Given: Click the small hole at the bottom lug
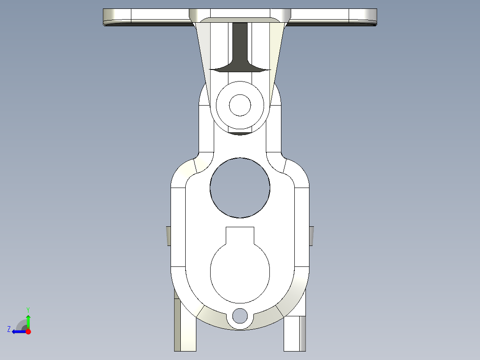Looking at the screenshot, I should click(x=240, y=316).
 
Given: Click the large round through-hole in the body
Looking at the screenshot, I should click(x=240, y=188).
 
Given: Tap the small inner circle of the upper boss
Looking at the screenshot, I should click(x=240, y=105).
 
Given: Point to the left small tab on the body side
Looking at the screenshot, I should click(x=169, y=235).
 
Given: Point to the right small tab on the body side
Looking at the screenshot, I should click(x=311, y=235).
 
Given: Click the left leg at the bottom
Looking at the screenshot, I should click(x=185, y=330).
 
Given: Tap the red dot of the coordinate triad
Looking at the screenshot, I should click(x=28, y=331).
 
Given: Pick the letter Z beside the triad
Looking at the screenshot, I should click(x=9, y=329).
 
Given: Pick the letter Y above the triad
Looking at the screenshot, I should click(x=28, y=310).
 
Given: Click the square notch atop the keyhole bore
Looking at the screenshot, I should click(x=240, y=235).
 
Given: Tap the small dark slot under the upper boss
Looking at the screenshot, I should click(x=240, y=133).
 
